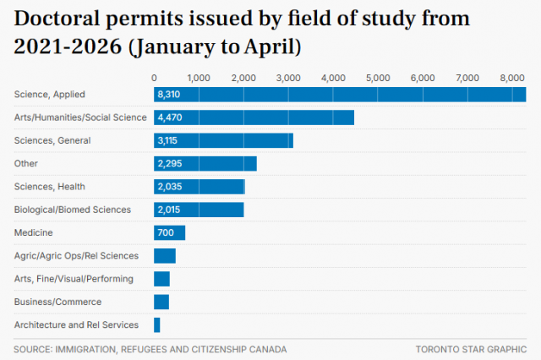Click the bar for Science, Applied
(340, 95)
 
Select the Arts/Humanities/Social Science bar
(254, 117)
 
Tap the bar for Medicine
(169, 232)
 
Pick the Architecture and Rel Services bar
(157, 325)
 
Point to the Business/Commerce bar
(161, 302)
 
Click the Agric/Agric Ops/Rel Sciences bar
(165, 256)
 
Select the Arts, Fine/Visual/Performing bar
(161, 279)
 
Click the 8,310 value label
(169, 95)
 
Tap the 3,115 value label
(167, 140)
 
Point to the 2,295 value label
(170, 163)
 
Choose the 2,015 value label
(169, 210)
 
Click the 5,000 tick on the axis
(378, 79)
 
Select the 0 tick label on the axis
(154, 79)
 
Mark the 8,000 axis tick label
(512, 79)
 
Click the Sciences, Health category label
(49, 187)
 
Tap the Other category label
(26, 163)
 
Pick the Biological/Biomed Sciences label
(73, 210)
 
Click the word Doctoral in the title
(57, 19)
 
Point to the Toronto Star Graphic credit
(471, 350)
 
